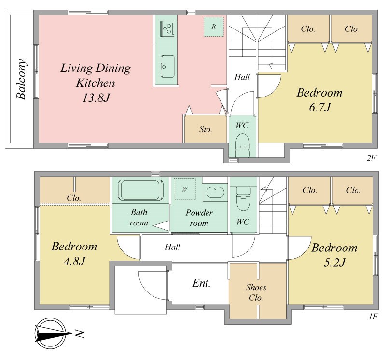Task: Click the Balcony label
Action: [21, 79]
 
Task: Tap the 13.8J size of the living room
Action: [96, 98]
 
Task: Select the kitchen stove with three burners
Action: [167, 28]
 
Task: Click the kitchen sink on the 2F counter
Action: [167, 67]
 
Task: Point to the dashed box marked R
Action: [214, 27]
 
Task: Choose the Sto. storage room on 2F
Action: [206, 129]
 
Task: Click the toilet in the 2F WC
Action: [243, 145]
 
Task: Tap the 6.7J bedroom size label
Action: [319, 108]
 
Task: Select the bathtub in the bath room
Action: [140, 190]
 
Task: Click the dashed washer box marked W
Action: [185, 189]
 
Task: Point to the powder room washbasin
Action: [215, 192]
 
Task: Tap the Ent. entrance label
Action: [201, 283]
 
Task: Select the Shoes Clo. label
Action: [256, 292]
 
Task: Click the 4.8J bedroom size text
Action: [74, 261]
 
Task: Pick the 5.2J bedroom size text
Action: [334, 263]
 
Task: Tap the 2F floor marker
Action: [371, 158]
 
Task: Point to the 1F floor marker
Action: [373, 317]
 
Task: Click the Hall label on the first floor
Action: [173, 247]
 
